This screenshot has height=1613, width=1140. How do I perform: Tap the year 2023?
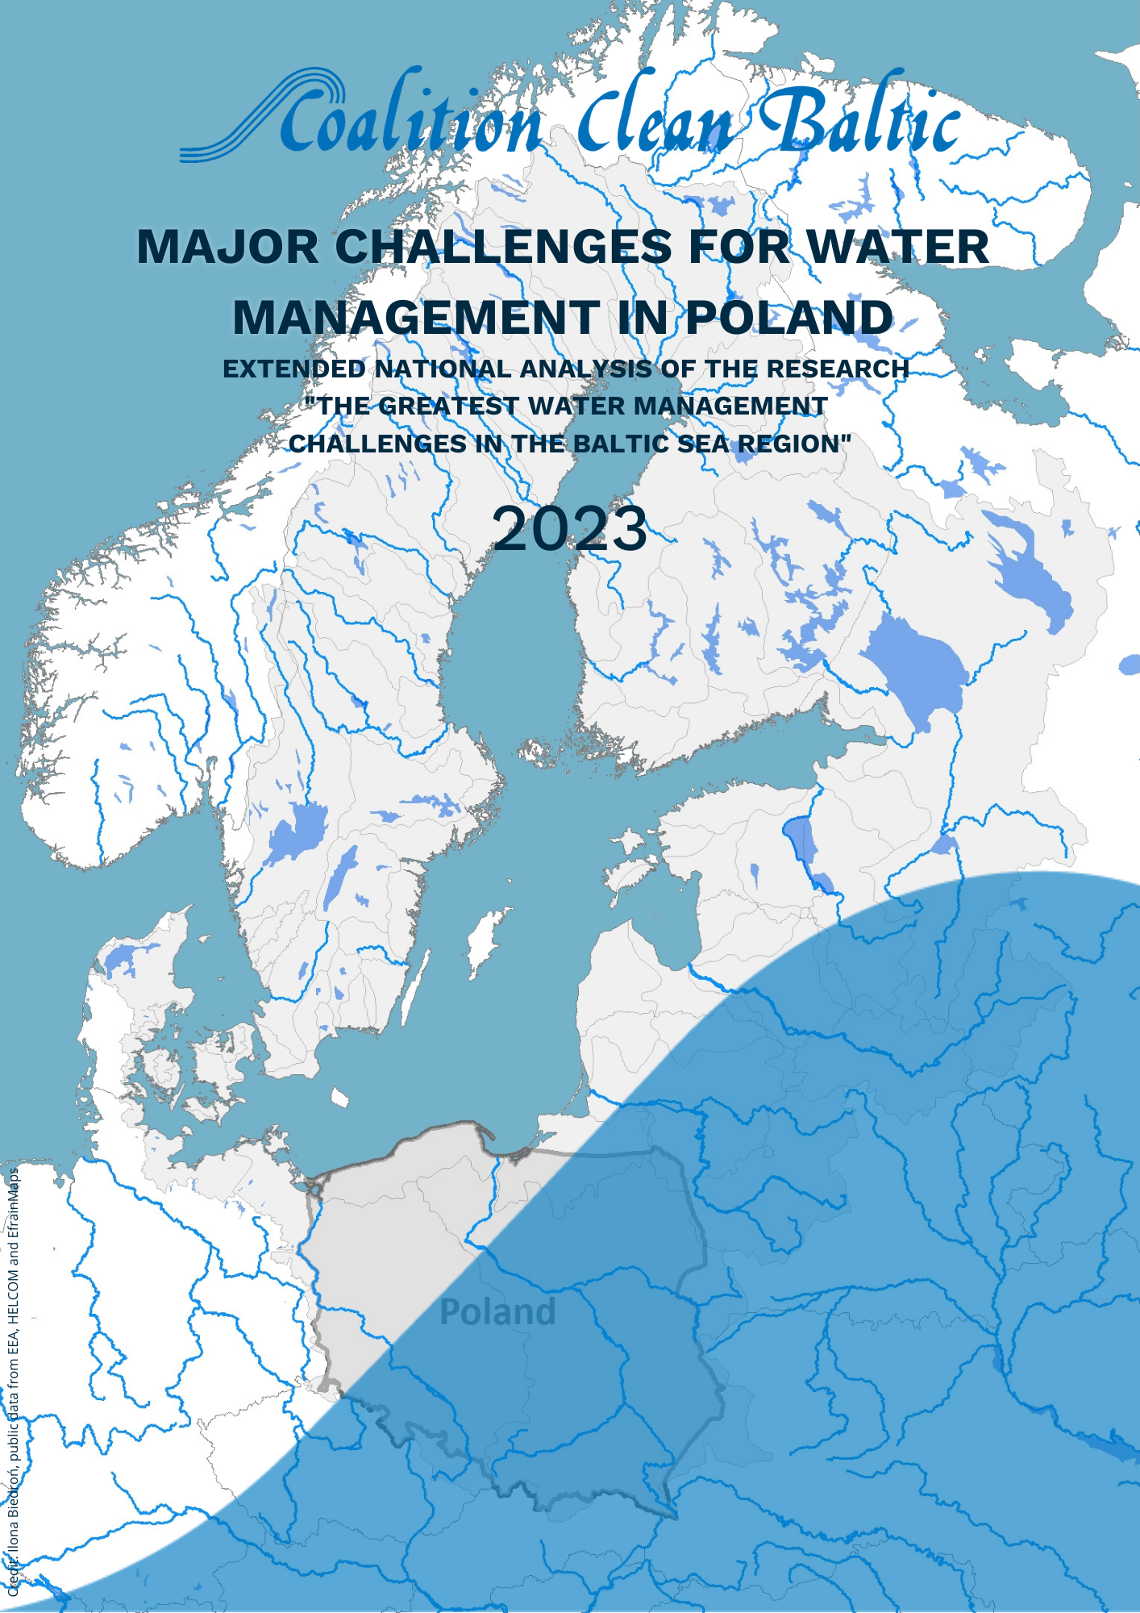(x=569, y=529)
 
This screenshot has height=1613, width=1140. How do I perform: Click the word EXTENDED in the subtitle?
(x=294, y=369)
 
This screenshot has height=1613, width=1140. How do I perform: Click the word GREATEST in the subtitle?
(x=448, y=406)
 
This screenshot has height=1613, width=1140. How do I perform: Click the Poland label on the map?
(x=497, y=1313)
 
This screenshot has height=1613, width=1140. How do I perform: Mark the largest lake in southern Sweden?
(x=296, y=831)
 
